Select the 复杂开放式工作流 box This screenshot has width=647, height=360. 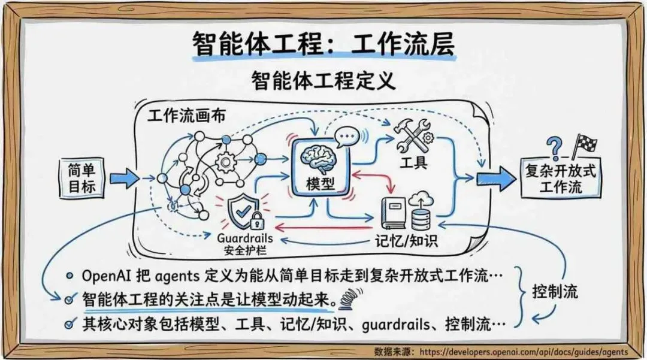click(560, 179)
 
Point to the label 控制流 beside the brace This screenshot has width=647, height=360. click(555, 294)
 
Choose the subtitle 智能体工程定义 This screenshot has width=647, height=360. click(323, 80)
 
